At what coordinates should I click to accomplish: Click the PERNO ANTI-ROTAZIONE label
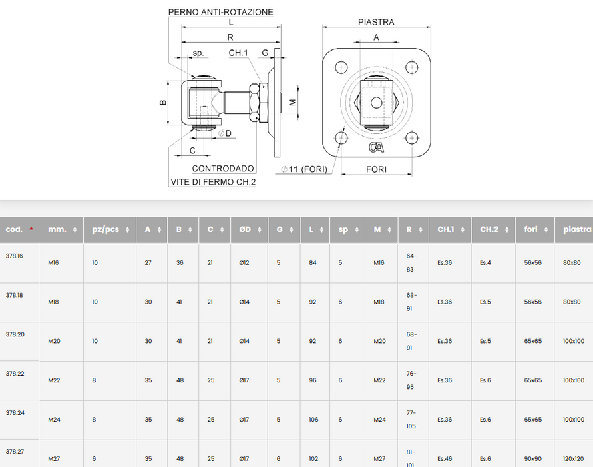pos(220,12)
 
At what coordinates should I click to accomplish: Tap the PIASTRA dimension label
pos(376,21)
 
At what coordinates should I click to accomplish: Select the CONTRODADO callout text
pos(223,169)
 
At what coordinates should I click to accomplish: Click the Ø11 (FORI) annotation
pos(305,169)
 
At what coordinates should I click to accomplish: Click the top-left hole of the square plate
pos(342,67)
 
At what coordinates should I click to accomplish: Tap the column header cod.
pos(15,229)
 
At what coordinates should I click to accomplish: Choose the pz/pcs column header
pos(106,229)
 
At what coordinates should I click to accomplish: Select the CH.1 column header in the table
pos(446,229)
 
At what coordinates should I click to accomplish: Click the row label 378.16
pos(15,256)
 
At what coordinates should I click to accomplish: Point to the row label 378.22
pos(15,374)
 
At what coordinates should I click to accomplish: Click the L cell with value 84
pos(313,263)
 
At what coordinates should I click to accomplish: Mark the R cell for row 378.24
pos(411,420)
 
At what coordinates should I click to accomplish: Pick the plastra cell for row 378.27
pos(573,459)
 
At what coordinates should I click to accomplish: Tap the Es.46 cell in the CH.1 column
pos(445,459)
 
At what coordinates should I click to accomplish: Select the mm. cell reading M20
pos(54,341)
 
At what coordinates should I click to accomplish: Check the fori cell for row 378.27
pos(533,459)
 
